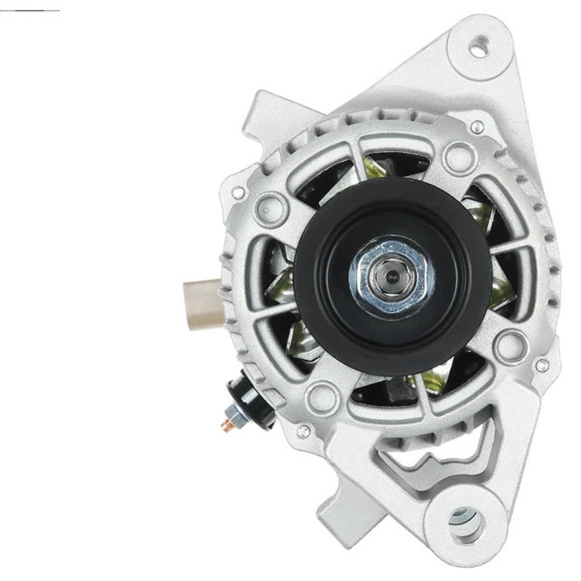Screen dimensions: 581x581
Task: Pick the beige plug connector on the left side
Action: click(x=202, y=293)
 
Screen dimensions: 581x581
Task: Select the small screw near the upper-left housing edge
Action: click(x=238, y=194)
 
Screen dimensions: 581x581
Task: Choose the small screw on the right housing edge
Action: click(x=541, y=365)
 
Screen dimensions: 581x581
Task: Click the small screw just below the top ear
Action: click(x=478, y=127)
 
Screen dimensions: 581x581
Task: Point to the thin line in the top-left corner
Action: click(x=30, y=10)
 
